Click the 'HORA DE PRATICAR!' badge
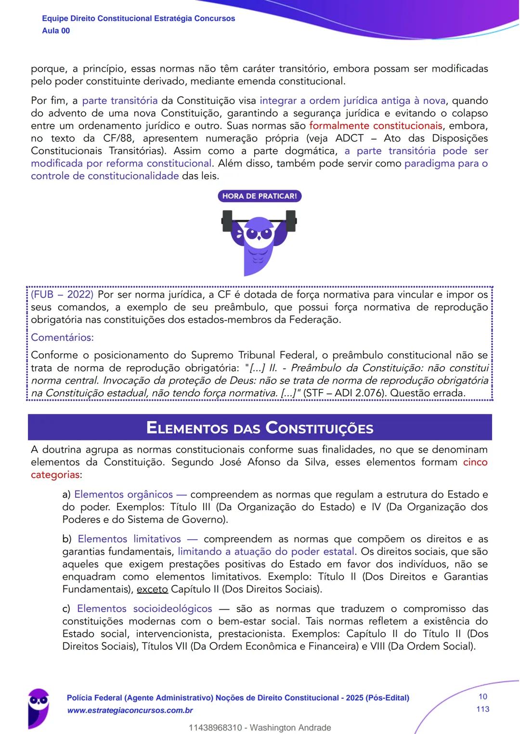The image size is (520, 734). (260, 196)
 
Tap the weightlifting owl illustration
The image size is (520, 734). (259, 241)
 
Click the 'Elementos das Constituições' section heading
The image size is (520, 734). (260, 427)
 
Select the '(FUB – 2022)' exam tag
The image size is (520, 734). (62, 295)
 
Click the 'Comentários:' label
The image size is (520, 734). (62, 337)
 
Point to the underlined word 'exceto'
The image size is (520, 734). (152, 589)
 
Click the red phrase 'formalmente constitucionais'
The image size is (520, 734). (375, 126)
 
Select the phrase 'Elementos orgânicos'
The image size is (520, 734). (123, 494)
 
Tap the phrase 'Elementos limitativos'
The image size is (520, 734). (129, 539)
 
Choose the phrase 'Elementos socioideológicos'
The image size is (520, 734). (144, 608)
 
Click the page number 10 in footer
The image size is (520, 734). (482, 696)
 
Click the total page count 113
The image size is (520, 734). (482, 709)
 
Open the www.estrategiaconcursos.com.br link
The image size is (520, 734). (130, 710)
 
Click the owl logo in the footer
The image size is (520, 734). (39, 705)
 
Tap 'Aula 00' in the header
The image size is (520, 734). (56, 31)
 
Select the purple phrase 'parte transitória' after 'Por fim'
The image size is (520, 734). (120, 101)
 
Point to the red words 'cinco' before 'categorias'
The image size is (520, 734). (475, 462)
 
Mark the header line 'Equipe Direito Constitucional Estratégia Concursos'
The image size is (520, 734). (139, 18)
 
